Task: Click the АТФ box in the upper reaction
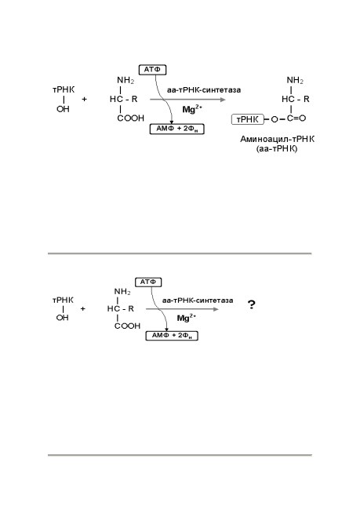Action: tap(152, 70)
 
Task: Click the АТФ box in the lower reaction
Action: tap(148, 282)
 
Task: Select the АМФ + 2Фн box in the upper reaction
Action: tap(177, 129)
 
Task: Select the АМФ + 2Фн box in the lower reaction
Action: tap(172, 335)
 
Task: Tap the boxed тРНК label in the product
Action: tap(248, 119)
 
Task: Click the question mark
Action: tap(252, 304)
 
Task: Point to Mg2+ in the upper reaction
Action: tap(192, 109)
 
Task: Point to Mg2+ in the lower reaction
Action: tap(187, 318)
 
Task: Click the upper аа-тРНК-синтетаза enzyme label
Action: tap(204, 90)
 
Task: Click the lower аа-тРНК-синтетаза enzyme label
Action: tap(198, 301)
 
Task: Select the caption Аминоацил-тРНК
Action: tap(278, 139)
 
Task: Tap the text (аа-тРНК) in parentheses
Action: tap(277, 149)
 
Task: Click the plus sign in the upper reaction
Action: tap(84, 99)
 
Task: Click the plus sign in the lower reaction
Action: tap(82, 308)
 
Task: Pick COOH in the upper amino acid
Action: tap(130, 118)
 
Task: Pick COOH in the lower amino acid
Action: tap(127, 326)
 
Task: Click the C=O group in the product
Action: tap(296, 118)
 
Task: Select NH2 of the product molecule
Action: tap(295, 80)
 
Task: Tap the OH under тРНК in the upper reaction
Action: tap(63, 109)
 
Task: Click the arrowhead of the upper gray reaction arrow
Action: tap(223, 100)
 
